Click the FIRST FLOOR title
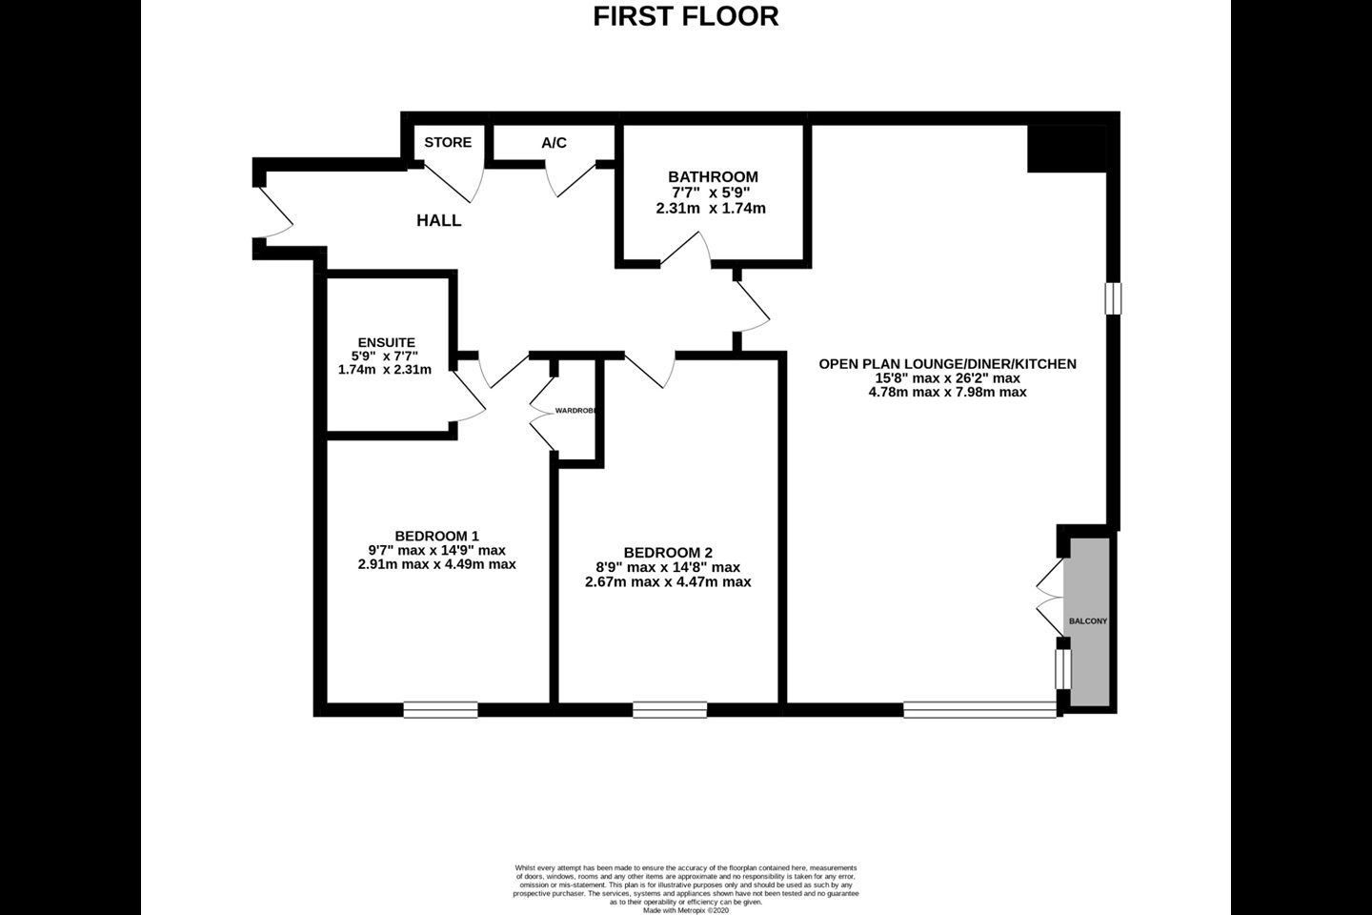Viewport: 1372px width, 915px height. [685, 16]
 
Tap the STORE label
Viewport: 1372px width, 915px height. [448, 142]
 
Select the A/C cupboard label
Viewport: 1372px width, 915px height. [554, 143]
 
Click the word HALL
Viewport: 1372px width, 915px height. [439, 220]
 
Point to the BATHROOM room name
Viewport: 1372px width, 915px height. [713, 176]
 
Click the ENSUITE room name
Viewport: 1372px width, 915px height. [386, 342]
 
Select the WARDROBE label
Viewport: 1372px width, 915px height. [575, 410]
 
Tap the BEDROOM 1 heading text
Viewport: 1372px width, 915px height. [436, 536]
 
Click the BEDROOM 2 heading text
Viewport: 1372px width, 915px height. [668, 553]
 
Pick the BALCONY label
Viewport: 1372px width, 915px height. [1088, 620]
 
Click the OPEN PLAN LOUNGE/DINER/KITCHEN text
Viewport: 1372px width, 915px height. [947, 363]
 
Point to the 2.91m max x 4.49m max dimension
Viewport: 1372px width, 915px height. [436, 564]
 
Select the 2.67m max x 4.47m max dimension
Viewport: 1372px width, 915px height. [668, 581]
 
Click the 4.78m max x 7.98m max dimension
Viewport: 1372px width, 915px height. [947, 392]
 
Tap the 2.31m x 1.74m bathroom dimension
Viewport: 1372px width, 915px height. [711, 208]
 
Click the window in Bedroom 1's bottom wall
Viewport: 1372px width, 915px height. [440, 709]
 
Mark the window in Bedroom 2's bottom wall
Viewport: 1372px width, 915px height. [670, 709]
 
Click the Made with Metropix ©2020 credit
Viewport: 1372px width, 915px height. [686, 910]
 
